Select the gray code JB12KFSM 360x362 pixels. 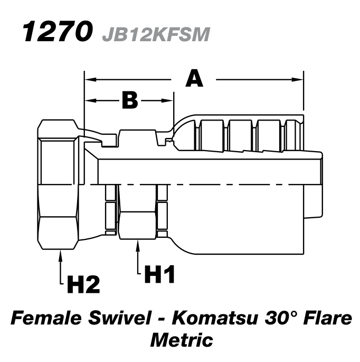157,34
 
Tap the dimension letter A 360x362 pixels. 194,79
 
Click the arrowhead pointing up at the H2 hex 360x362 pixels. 61,255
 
